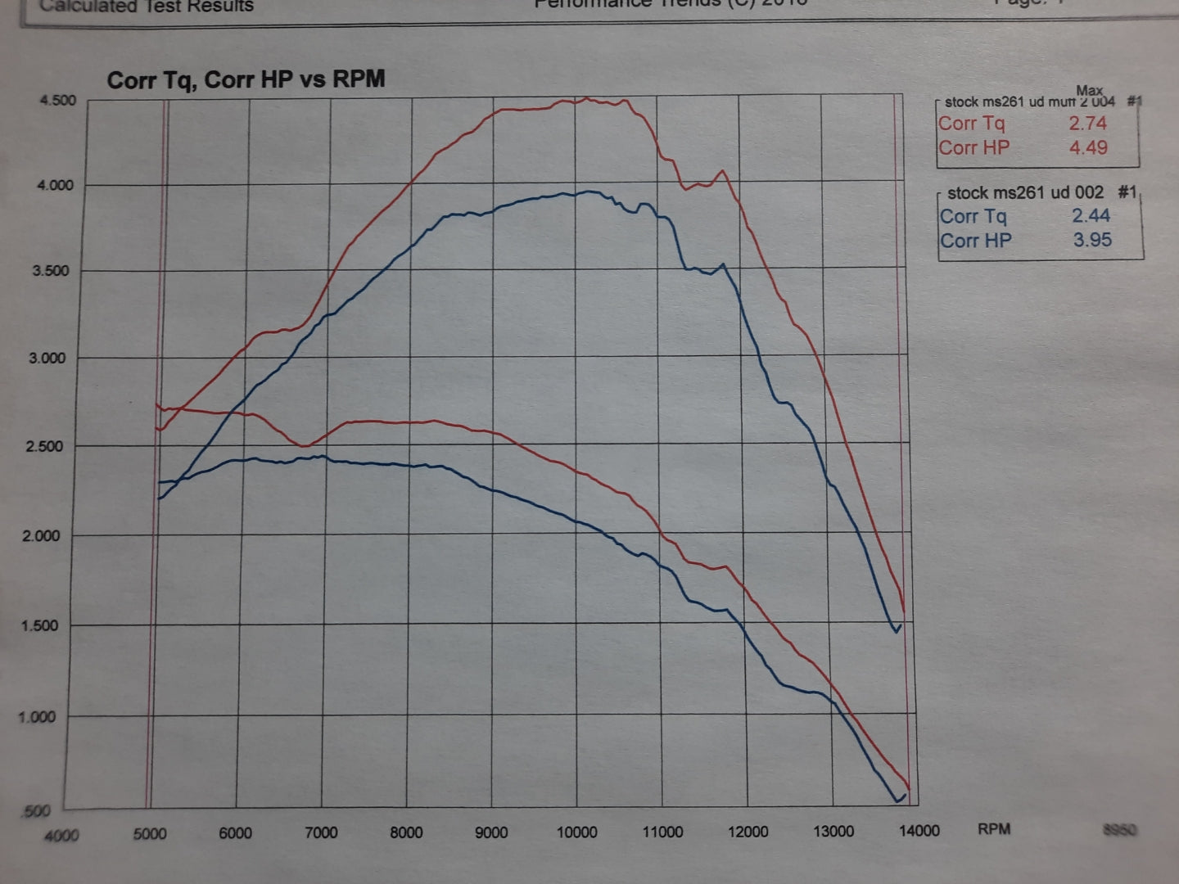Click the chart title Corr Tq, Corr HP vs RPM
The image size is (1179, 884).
pyautogui.click(x=246, y=79)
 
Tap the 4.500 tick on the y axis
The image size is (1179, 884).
pyautogui.click(x=57, y=101)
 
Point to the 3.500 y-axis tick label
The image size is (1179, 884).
pyautogui.click(x=52, y=271)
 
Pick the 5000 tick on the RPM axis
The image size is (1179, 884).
pyautogui.click(x=149, y=834)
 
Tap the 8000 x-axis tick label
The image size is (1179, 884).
pyautogui.click(x=406, y=833)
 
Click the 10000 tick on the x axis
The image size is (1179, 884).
pyautogui.click(x=576, y=832)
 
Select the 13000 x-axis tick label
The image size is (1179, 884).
pyautogui.click(x=833, y=832)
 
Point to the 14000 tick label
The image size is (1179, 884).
pyautogui.click(x=919, y=831)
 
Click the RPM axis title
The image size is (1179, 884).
pyautogui.click(x=994, y=829)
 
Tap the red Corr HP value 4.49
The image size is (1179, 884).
pyautogui.click(x=1088, y=148)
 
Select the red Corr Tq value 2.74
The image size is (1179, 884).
pyautogui.click(x=1087, y=124)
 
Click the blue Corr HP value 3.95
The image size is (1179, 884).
pyautogui.click(x=1092, y=241)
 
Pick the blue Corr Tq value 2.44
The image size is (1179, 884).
pyautogui.click(x=1091, y=216)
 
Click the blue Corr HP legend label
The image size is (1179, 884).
pyautogui.click(x=976, y=241)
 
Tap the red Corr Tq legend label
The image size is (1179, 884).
pyautogui.click(x=972, y=124)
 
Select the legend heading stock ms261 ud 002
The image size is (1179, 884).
pyautogui.click(x=1025, y=193)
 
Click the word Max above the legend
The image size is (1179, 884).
pyautogui.click(x=1090, y=90)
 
